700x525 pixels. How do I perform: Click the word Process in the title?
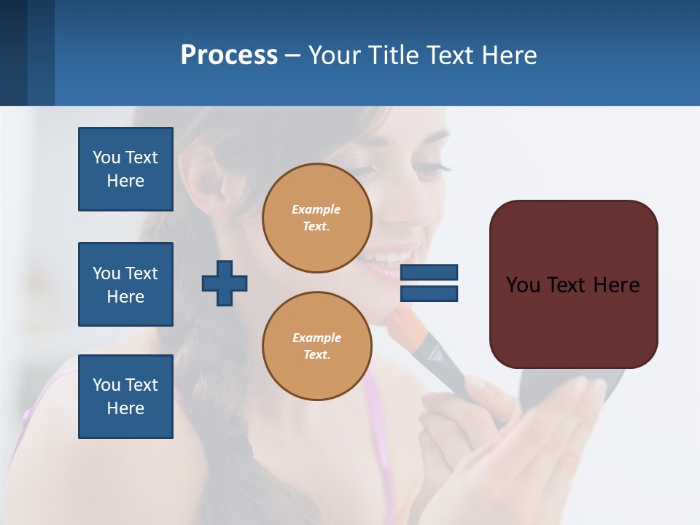(x=229, y=55)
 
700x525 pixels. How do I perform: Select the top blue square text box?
(x=125, y=169)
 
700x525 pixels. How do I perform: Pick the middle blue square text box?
(x=125, y=284)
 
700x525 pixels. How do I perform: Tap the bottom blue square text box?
(x=125, y=397)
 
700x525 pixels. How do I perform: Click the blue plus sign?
(x=225, y=283)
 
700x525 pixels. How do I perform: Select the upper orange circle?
(x=316, y=218)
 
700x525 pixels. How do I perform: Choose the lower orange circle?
(x=316, y=346)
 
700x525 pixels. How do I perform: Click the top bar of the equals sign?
(x=429, y=272)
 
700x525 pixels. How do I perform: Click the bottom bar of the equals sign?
(x=429, y=293)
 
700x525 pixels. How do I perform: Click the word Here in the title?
(x=508, y=55)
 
